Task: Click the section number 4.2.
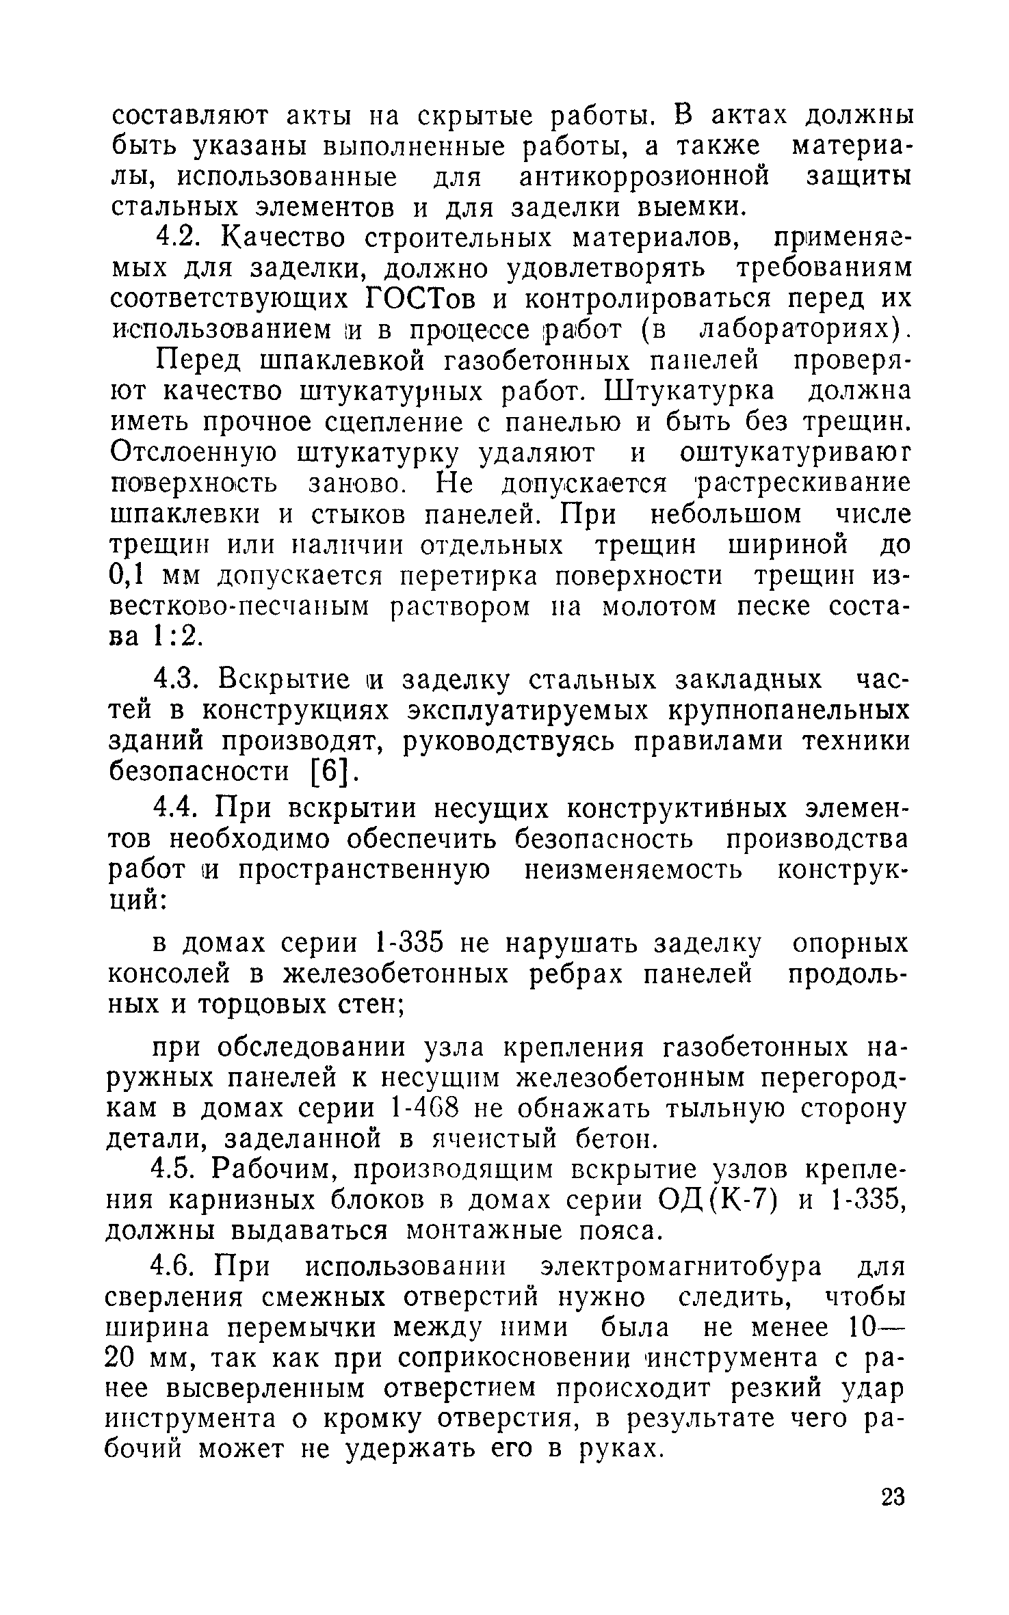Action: tap(179, 239)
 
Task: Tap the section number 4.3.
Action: tap(179, 680)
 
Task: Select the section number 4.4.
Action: tap(179, 809)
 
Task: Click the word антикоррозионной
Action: tap(644, 177)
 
